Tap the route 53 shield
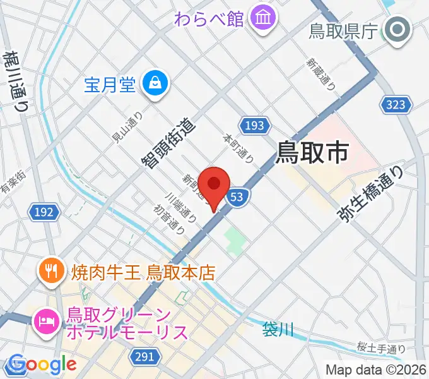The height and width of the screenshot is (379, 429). click(x=237, y=197)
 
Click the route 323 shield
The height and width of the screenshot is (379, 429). click(x=396, y=105)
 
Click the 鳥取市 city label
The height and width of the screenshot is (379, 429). click(x=314, y=152)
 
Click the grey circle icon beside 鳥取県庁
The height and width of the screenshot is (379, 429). click(x=398, y=30)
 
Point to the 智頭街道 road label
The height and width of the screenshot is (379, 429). click(x=168, y=143)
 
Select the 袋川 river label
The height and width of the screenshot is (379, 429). click(x=278, y=329)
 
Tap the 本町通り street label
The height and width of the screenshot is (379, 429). click(x=238, y=147)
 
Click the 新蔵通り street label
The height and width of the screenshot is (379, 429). click(x=320, y=71)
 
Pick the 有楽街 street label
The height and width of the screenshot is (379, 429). click(x=13, y=182)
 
